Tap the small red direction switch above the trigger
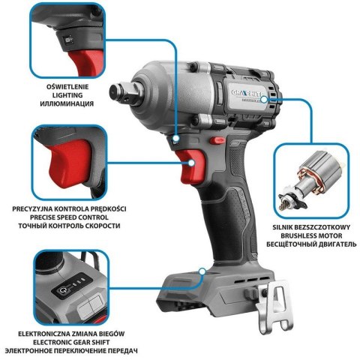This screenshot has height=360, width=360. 217,140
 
